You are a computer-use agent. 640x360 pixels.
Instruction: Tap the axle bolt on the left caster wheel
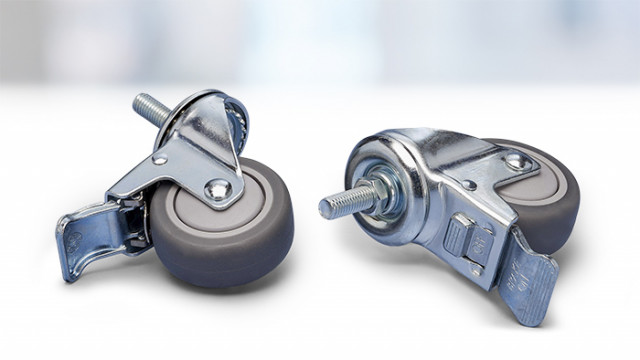click(215, 188)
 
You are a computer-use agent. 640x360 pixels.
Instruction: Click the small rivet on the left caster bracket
click(159, 159)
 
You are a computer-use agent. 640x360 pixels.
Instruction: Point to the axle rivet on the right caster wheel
click(516, 160)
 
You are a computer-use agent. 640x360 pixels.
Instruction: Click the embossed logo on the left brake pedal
click(75, 240)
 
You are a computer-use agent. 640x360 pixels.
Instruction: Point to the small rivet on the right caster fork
click(471, 185)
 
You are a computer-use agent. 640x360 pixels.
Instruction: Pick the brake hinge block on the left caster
click(131, 221)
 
